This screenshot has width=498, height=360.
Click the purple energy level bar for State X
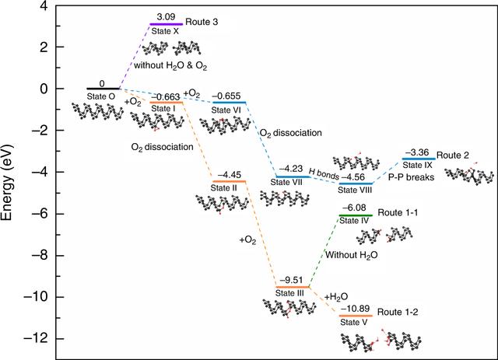pyautogui.click(x=166, y=24)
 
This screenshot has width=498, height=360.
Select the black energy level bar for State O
pyautogui.click(x=103, y=89)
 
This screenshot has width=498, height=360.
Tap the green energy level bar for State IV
pyautogui.click(x=356, y=215)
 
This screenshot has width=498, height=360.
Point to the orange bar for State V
pyautogui.click(x=356, y=316)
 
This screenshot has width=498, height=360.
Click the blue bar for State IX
pyautogui.click(x=419, y=159)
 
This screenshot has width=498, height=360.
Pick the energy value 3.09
pyautogui.click(x=166, y=17)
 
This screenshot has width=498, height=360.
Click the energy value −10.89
pyautogui.click(x=355, y=309)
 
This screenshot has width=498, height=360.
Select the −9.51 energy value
pyautogui.click(x=291, y=281)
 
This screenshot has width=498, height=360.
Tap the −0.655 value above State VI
pyautogui.click(x=226, y=96)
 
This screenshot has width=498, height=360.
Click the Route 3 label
pyautogui.click(x=202, y=22)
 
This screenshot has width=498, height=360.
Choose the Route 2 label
pyautogui.click(x=453, y=156)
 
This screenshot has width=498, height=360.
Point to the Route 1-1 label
pyautogui.click(x=398, y=212)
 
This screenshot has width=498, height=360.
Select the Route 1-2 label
pyautogui.click(x=398, y=312)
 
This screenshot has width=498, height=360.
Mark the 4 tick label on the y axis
pyautogui.click(x=44, y=5)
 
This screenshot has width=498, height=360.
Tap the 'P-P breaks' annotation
pyautogui.click(x=412, y=177)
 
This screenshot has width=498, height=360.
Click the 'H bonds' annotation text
pyautogui.click(x=324, y=173)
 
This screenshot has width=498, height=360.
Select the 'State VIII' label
pyautogui.click(x=355, y=190)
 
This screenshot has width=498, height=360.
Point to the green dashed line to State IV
pyautogui.click(x=324, y=251)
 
